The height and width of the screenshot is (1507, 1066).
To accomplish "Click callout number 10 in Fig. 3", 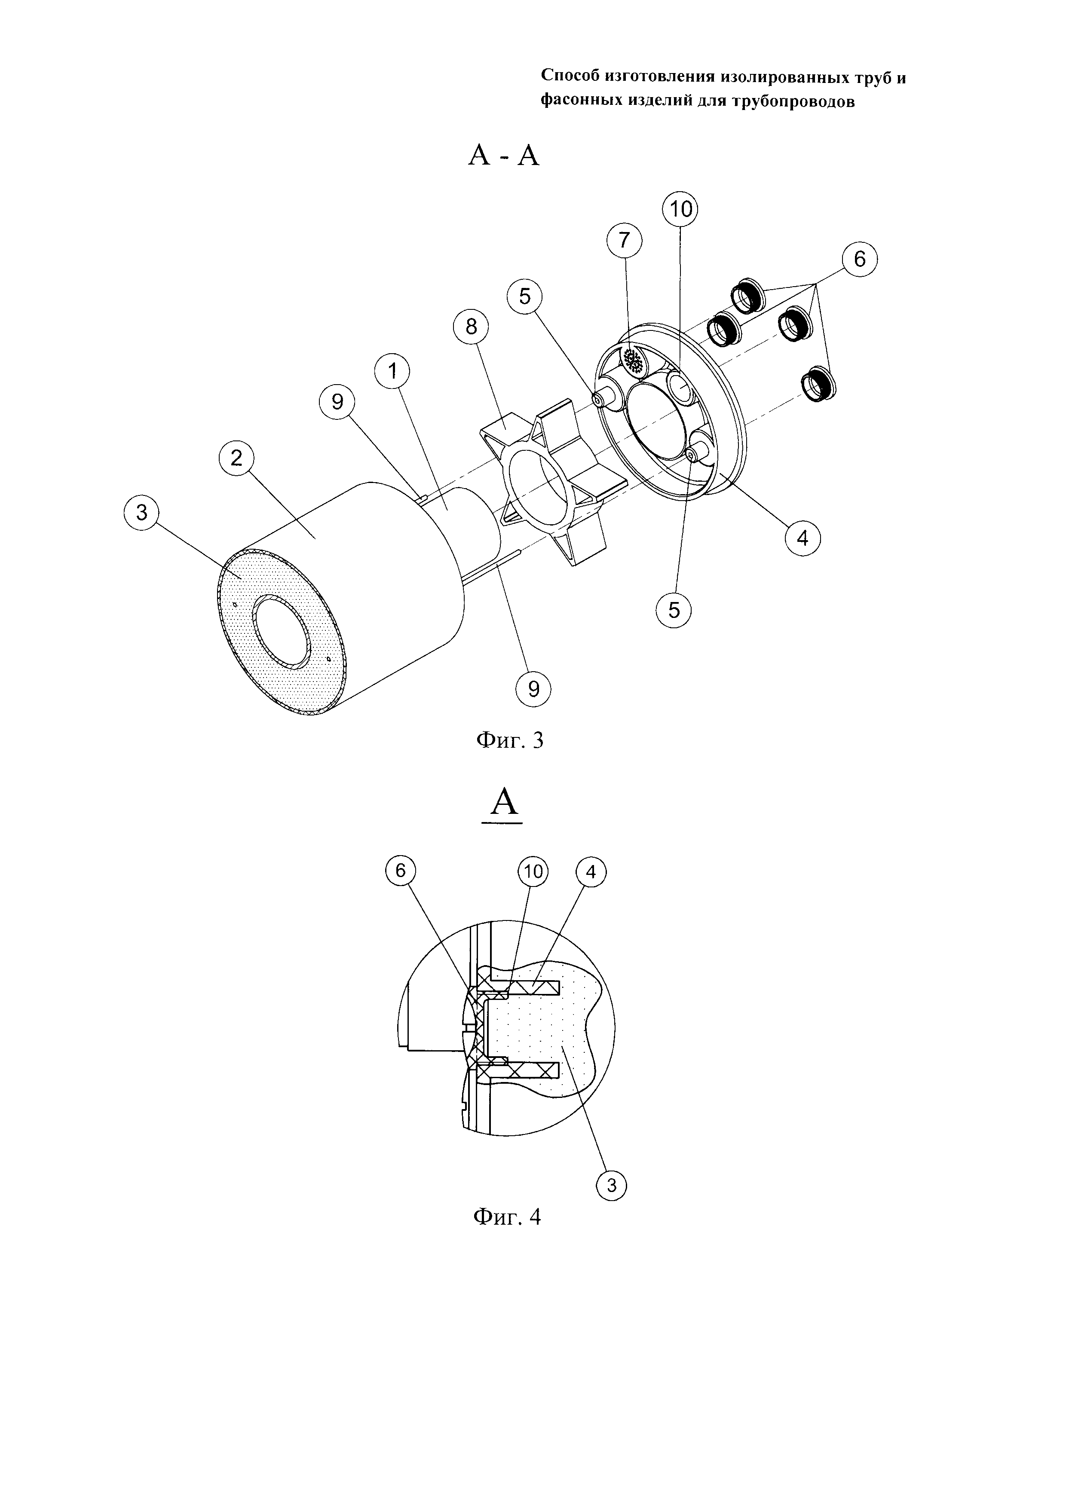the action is click(680, 209).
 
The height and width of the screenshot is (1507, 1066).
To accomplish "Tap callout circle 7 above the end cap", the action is click(624, 241).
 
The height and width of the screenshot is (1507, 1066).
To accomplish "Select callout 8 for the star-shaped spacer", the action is click(471, 326).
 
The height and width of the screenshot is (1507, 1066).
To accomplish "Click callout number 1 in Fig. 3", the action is click(392, 372).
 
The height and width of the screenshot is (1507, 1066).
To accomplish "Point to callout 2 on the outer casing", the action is click(236, 458).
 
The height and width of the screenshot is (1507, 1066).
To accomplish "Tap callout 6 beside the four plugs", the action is click(859, 260).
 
